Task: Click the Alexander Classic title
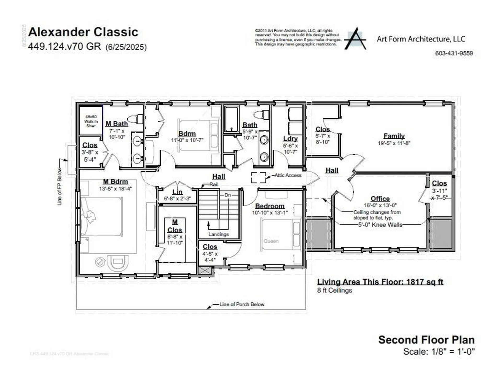(x=83, y=32)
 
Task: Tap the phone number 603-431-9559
(x=454, y=53)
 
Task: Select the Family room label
(x=394, y=136)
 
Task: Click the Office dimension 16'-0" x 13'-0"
(x=380, y=205)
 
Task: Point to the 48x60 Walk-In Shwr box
(x=91, y=121)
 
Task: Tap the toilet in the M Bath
(x=136, y=119)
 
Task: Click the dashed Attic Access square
(x=258, y=177)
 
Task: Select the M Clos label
(x=175, y=226)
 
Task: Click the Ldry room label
(x=290, y=138)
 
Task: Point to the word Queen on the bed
(x=271, y=241)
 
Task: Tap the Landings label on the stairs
(x=218, y=234)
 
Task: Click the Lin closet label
(x=177, y=192)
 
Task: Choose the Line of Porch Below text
(x=242, y=304)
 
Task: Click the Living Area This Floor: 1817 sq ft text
(x=380, y=282)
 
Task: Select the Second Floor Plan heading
(x=426, y=340)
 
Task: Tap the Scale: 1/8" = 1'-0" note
(x=439, y=352)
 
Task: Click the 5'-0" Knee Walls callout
(x=380, y=225)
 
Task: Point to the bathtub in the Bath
(x=231, y=119)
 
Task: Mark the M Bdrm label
(x=115, y=181)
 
